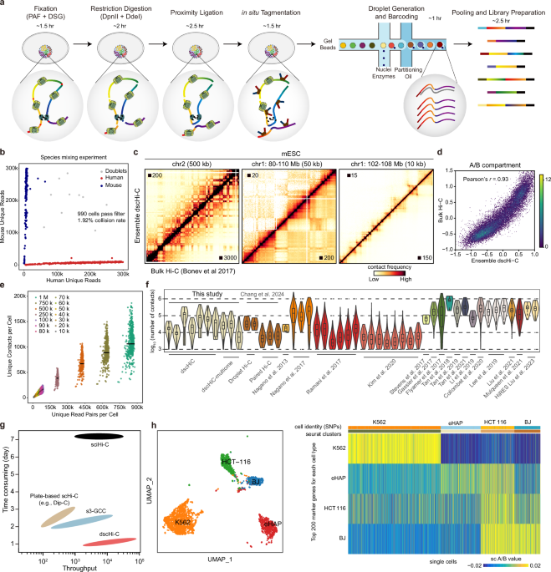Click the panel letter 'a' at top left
[x=4, y=5]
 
